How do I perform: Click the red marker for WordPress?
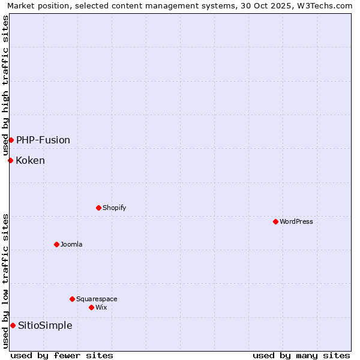(x=275, y=221)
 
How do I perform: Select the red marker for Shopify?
(x=98, y=208)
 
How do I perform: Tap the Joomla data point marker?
(x=56, y=244)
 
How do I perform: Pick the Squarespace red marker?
(x=72, y=299)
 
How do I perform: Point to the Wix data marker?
(x=91, y=307)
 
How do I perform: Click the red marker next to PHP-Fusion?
(x=11, y=140)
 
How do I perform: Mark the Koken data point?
(x=10, y=160)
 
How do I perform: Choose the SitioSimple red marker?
(x=13, y=325)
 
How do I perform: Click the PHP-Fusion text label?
(x=43, y=140)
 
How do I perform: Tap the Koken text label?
(x=30, y=160)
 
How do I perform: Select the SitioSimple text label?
(x=45, y=325)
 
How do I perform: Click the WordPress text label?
(x=296, y=221)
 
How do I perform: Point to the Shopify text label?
(x=114, y=208)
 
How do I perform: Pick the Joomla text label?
(x=71, y=244)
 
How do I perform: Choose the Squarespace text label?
(x=97, y=299)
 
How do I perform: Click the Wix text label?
(x=101, y=307)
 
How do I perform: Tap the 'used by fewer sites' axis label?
(x=62, y=355)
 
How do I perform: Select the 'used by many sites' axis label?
(x=301, y=355)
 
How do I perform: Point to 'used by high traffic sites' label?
(x=5, y=86)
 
